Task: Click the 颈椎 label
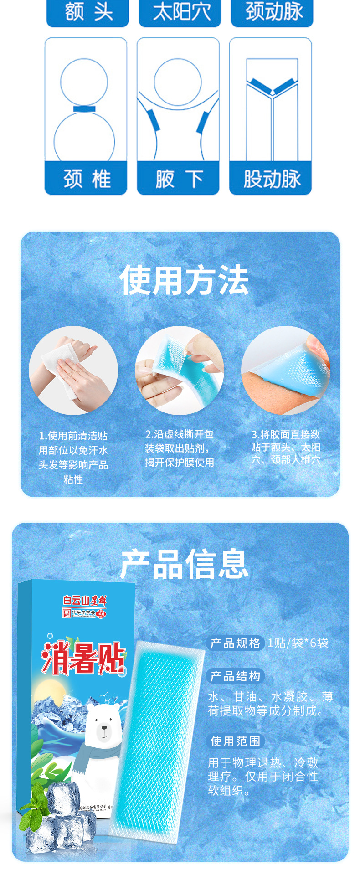click(86, 179)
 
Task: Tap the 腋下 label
click(178, 179)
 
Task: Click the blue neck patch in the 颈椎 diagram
click(84, 109)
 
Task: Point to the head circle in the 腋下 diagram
click(178, 81)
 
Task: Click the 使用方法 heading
click(184, 280)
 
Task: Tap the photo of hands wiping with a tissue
click(73, 370)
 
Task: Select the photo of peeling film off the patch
click(180, 370)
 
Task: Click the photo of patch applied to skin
click(285, 370)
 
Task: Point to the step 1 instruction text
click(73, 457)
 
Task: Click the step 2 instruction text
click(180, 448)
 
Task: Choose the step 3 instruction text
click(285, 447)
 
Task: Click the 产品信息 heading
click(184, 564)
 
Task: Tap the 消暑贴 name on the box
click(83, 659)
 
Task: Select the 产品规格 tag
click(235, 643)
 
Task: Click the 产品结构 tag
click(235, 676)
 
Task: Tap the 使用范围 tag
click(235, 741)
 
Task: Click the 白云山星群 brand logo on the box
click(85, 601)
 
